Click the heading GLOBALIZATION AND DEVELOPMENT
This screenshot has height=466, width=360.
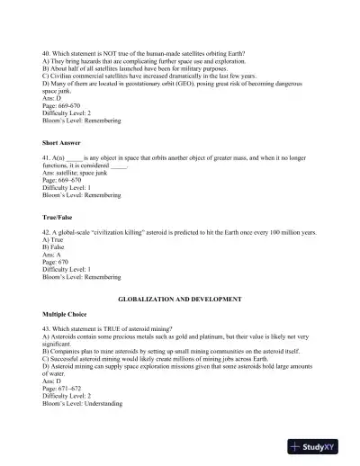point(179,296)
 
